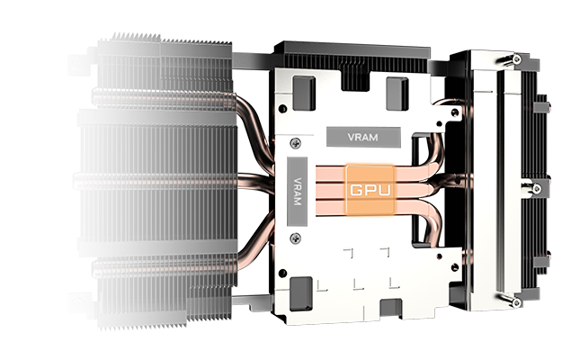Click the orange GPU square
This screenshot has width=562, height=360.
(370, 190)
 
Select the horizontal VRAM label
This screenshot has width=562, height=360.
(363, 137)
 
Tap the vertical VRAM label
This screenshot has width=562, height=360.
(297, 192)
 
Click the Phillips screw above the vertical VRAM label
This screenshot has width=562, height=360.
(296, 143)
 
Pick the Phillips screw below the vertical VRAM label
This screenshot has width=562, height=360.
(296, 238)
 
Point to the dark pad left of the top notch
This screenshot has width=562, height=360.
(304, 93)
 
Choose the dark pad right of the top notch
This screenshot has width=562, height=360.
(397, 94)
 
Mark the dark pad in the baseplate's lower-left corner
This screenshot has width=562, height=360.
(300, 293)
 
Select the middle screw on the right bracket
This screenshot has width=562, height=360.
(535, 188)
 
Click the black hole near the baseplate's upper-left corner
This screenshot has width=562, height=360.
(282, 108)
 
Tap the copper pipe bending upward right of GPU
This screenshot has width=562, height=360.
(434, 150)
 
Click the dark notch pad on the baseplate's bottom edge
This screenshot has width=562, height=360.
(390, 309)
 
